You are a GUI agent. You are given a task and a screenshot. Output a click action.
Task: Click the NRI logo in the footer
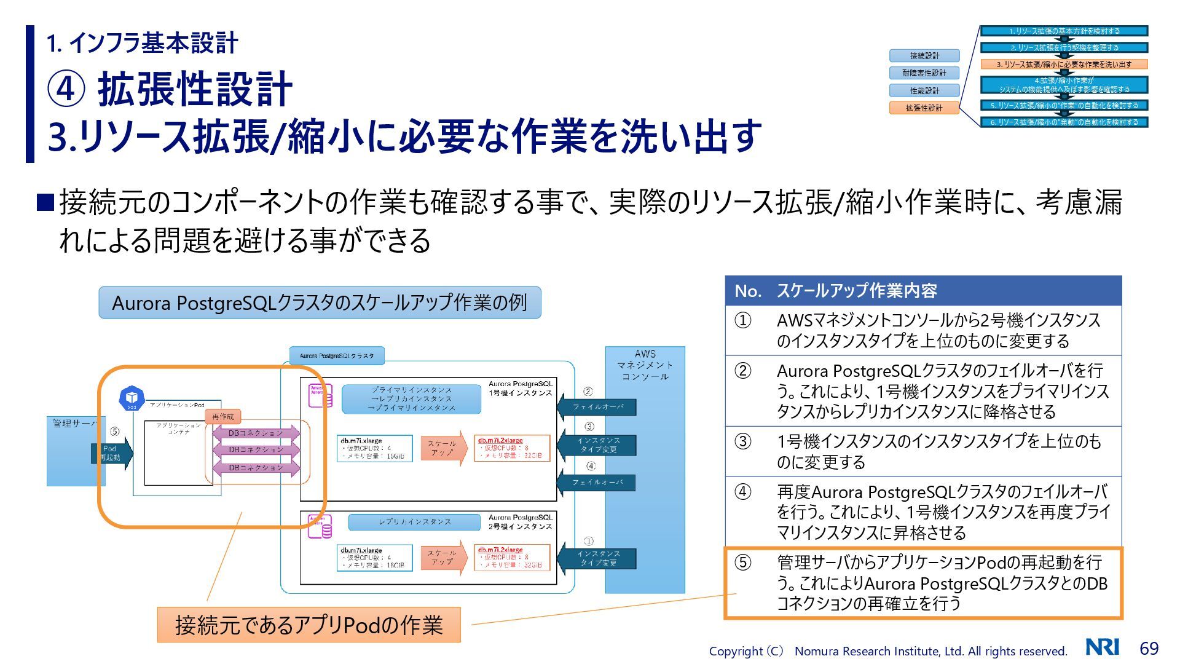pyautogui.click(x=1102, y=647)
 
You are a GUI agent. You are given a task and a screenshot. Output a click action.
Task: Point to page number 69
pyautogui.click(x=1149, y=648)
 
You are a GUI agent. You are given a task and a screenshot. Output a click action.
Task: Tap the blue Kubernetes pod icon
pyautogui.click(x=131, y=398)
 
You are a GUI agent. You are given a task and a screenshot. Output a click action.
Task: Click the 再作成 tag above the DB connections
pyautogui.click(x=222, y=417)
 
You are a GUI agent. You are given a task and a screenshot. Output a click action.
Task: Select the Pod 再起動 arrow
pyautogui.click(x=112, y=453)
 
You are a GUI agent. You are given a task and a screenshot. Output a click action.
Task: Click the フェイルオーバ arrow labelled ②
pyautogui.click(x=597, y=407)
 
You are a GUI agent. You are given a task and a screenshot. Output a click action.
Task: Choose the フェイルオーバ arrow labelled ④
pyautogui.click(x=597, y=483)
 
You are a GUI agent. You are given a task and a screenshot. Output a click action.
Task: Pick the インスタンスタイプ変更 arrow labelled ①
pyautogui.click(x=597, y=558)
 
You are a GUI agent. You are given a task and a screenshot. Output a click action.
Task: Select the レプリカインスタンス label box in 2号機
pyautogui.click(x=414, y=522)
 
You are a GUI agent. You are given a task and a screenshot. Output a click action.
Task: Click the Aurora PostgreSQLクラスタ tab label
pyautogui.click(x=337, y=355)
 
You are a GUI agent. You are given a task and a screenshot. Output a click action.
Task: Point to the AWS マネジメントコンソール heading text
pyautogui.click(x=645, y=365)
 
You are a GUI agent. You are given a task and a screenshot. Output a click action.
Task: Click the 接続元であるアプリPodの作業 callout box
pyautogui.click(x=309, y=625)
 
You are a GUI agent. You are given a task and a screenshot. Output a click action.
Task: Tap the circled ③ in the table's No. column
pyautogui.click(x=743, y=441)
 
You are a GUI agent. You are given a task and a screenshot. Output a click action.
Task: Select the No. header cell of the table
pyautogui.click(x=747, y=291)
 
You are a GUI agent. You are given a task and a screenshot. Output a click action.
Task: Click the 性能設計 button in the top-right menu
pyautogui.click(x=924, y=90)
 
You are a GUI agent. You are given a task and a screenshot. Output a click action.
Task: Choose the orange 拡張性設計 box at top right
pyautogui.click(x=924, y=108)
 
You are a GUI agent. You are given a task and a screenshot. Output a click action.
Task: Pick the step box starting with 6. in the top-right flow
pyautogui.click(x=1064, y=122)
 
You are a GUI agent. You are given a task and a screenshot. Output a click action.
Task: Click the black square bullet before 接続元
pyautogui.click(x=45, y=202)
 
